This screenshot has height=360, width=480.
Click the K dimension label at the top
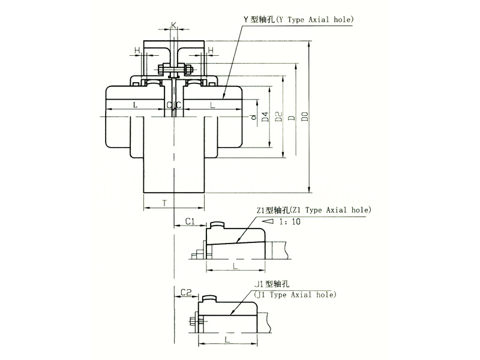(x=173, y=25)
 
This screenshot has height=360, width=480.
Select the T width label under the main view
(x=164, y=203)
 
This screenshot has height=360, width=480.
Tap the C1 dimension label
(x=189, y=221)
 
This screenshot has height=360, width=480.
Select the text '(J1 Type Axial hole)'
(x=295, y=295)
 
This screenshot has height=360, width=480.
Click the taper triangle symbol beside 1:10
(x=268, y=221)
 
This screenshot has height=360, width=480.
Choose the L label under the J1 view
(x=226, y=339)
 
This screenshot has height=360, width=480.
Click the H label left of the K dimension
(x=138, y=50)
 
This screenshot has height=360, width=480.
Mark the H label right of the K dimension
(x=210, y=50)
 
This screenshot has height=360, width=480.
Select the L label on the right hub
(x=212, y=105)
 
